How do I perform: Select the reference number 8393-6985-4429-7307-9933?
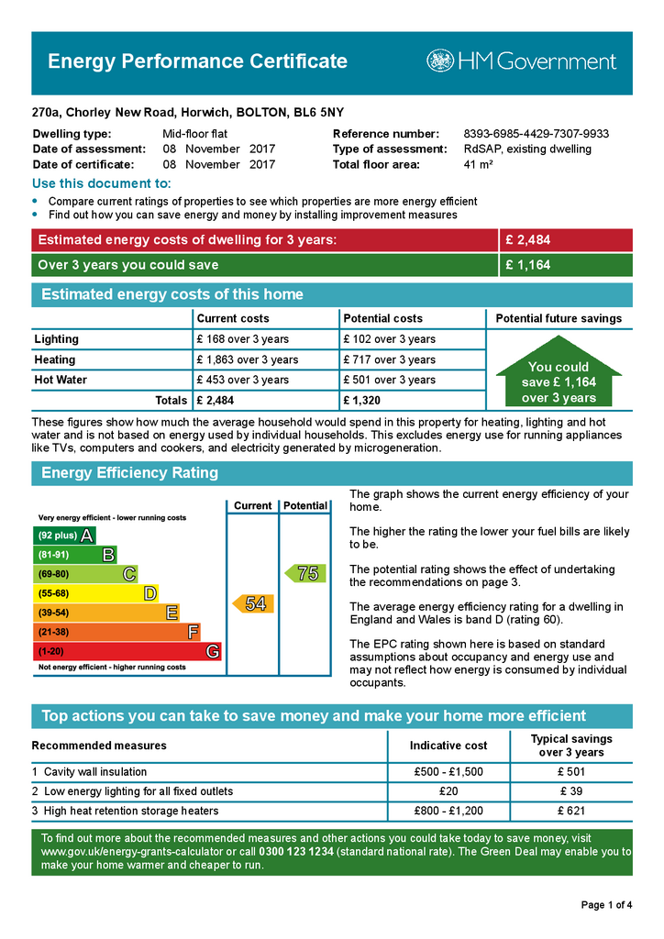(536, 134)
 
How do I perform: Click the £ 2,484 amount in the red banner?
(527, 240)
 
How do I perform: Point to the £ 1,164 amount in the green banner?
(527, 265)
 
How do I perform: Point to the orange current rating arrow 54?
(250, 604)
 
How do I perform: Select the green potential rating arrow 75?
(304, 573)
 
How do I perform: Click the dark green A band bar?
(64, 536)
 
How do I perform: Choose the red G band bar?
(127, 652)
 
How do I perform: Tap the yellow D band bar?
(95, 593)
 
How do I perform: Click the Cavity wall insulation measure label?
(95, 772)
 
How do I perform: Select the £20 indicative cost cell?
(448, 791)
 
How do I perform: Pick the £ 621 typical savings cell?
(570, 811)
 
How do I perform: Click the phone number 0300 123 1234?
(296, 852)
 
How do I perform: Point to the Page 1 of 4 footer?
(606, 905)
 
